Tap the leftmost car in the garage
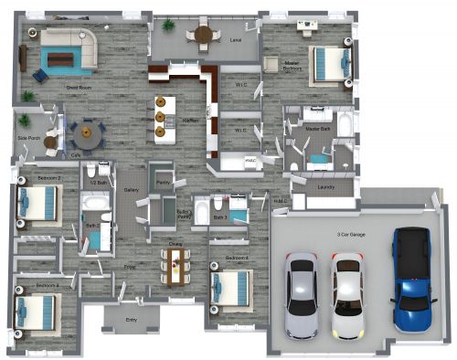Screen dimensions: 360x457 click(301, 294)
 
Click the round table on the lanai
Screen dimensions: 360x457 click(203, 36)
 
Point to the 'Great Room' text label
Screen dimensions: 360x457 click(77, 88)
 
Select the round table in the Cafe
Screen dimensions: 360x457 click(87, 135)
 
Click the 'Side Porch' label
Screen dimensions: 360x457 click(27, 138)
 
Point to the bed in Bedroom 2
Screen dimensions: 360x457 click(39, 201)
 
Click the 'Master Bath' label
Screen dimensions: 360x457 click(318, 131)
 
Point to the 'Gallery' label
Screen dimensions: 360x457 click(131, 191)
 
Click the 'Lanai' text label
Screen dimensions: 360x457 click(235, 40)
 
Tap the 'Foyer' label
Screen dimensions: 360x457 click(130, 266)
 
